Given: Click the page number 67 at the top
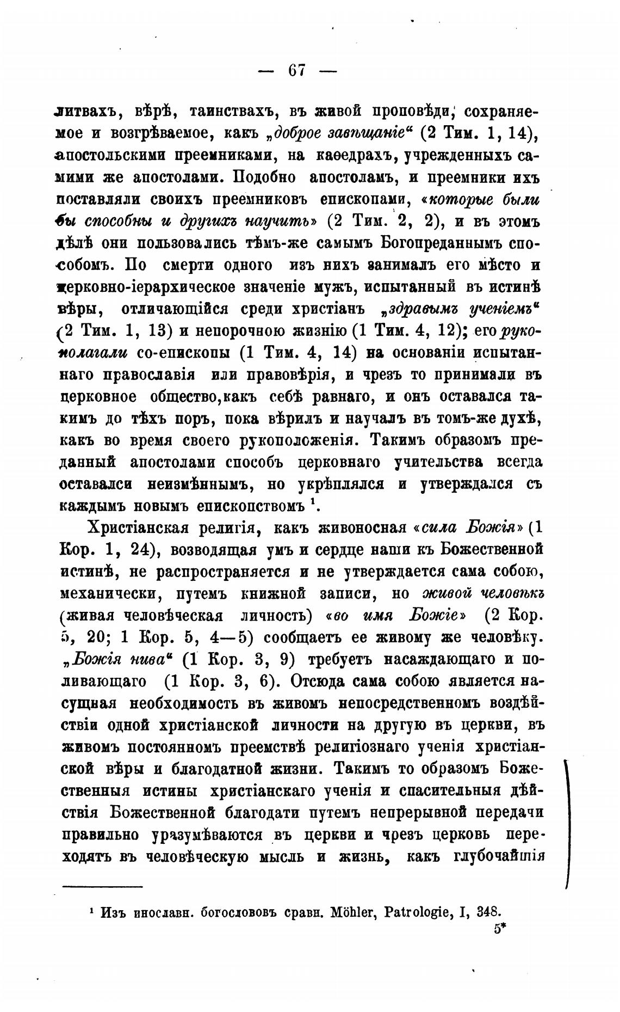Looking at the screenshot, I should tap(297, 71).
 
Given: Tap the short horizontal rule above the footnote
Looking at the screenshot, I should tap(102, 886).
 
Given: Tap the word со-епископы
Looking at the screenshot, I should tap(183, 353).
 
